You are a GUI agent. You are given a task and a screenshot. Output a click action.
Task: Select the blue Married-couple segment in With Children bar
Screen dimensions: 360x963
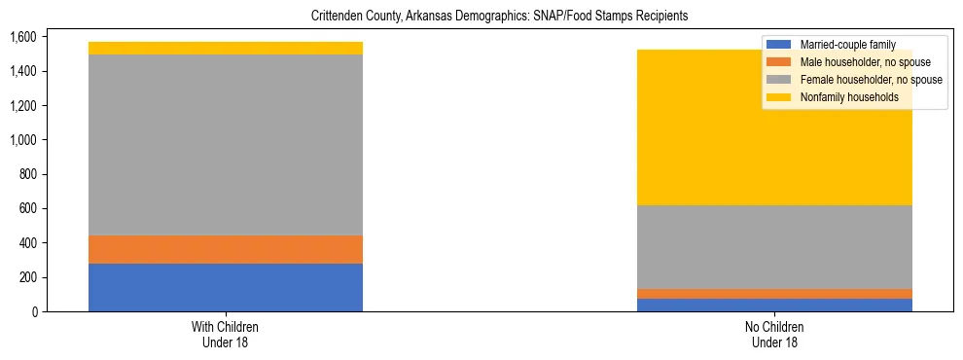[226, 287]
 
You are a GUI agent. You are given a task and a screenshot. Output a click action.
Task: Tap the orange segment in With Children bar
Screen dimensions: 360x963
[226, 249]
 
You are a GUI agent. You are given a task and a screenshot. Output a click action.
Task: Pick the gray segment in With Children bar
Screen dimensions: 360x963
[226, 145]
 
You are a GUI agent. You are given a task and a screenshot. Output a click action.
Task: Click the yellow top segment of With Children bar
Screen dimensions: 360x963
[226, 48]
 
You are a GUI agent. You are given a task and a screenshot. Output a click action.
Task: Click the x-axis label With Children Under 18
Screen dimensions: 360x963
[226, 335]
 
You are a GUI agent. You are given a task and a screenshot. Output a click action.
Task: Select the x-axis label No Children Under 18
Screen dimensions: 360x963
[775, 335]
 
